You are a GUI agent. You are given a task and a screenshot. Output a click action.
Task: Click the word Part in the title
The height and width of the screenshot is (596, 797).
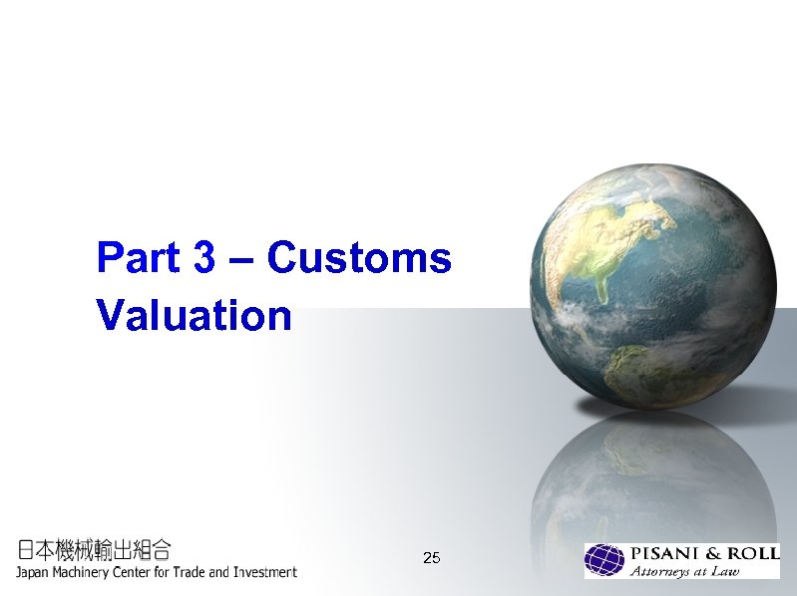point(138,258)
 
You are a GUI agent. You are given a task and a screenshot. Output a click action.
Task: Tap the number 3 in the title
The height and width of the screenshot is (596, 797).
point(204,258)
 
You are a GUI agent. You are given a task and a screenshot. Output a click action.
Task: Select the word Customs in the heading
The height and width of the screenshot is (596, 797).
point(359,258)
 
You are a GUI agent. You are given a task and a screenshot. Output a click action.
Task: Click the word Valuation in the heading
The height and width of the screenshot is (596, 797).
point(194,316)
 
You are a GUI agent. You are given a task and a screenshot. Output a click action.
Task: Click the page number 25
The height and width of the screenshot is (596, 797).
point(431,557)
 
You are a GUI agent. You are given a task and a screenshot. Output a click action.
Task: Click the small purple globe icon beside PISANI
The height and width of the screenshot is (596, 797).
point(604,560)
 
